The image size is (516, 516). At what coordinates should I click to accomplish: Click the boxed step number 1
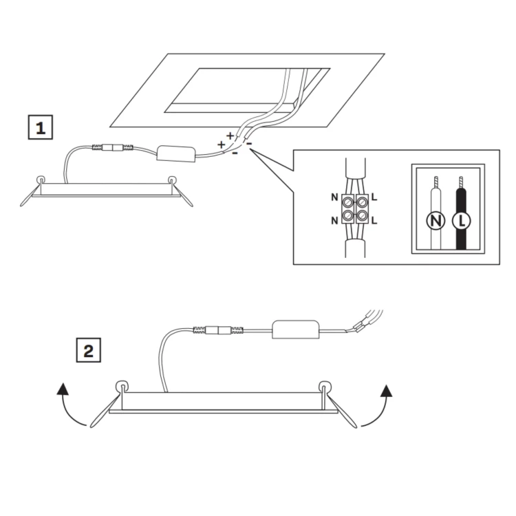coord(40,127)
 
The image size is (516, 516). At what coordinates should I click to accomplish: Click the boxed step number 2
coord(89,350)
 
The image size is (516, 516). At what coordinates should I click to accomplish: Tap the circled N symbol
coord(436,220)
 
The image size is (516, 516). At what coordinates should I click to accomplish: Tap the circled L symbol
coord(462,220)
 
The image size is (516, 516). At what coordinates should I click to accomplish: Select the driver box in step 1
coord(176,153)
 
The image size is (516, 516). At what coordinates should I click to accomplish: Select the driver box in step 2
coord(296,329)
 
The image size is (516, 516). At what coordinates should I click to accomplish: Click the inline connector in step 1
coord(113,147)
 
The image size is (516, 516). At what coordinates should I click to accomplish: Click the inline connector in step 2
coord(218,330)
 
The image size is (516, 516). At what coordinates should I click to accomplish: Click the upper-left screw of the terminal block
coord(348,200)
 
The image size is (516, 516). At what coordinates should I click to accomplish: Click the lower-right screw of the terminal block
coord(362,215)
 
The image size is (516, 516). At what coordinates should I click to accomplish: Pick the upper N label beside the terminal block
coord(334,197)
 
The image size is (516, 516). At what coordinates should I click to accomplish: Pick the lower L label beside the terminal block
coord(374,220)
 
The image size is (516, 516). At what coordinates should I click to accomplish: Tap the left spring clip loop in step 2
coord(122,386)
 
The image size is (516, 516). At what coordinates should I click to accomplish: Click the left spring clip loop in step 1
coord(41,180)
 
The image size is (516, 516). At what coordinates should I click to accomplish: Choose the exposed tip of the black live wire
coord(461,182)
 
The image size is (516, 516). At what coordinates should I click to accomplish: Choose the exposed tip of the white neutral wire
coord(436,182)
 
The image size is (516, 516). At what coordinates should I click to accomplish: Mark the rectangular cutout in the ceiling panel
coord(248,91)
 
